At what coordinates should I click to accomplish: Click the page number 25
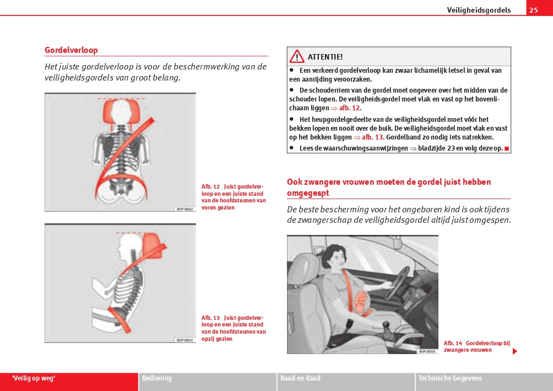pos(533,10)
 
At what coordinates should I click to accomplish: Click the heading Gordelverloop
pos(71,50)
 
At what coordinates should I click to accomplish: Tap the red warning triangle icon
pos(297,56)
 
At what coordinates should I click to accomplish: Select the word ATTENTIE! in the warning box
pos(325,57)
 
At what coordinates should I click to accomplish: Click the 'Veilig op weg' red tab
pos(34,378)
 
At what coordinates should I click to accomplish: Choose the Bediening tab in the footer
pos(157,378)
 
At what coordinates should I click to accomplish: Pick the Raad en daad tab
pos(300,378)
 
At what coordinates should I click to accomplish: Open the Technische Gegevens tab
pos(450,378)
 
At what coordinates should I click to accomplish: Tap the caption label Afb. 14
pos(453,343)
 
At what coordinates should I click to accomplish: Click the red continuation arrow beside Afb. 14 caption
pos(515,351)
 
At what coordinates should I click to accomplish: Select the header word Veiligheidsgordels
pos(479,10)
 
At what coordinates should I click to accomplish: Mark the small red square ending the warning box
pos(506,148)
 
